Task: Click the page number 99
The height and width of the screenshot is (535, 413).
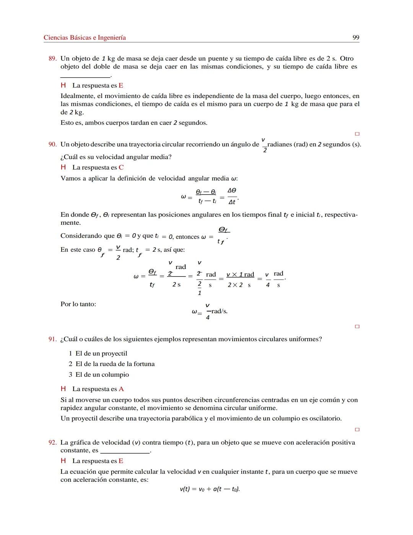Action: click(356, 38)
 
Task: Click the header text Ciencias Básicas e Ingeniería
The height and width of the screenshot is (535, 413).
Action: click(85, 38)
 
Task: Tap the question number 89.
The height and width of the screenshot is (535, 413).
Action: click(52, 59)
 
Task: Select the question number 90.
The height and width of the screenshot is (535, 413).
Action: click(52, 144)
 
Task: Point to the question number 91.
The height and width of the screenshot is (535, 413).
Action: click(52, 339)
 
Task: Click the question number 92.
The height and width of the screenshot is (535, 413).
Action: click(52, 443)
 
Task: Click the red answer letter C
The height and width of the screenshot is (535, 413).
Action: click(121, 167)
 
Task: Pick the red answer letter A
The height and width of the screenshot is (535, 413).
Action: click(121, 389)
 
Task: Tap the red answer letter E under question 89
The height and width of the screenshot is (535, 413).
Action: click(121, 85)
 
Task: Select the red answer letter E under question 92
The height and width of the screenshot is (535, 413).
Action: click(121, 461)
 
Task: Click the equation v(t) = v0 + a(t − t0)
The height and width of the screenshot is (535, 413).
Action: click(210, 489)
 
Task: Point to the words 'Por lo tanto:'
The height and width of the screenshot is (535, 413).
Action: click(78, 304)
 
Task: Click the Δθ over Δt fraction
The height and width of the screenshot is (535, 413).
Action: click(232, 196)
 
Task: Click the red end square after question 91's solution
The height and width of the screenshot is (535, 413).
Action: click(357, 430)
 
